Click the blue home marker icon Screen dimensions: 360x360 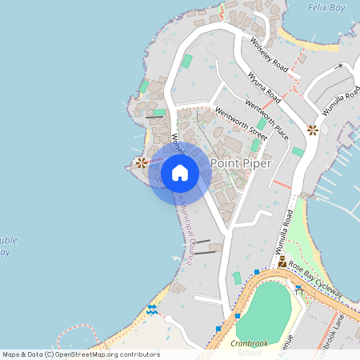pos(180,172)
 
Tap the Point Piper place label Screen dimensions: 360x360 pos(241,163)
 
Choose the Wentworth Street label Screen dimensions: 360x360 pos(240,120)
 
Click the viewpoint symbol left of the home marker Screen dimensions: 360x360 pos(142,162)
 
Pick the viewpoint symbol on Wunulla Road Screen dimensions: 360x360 pos(312,129)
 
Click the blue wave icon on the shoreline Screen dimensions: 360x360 pos(152,310)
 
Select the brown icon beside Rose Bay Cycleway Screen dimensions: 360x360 pos(282,262)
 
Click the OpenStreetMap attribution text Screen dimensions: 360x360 pos(82,354)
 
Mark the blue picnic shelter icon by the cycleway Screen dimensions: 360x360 pos(298,288)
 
